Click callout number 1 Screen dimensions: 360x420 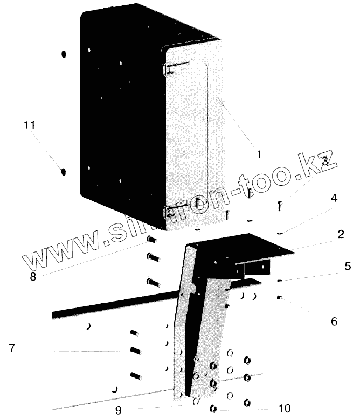click(259, 153)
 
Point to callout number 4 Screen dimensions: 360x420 click(334, 198)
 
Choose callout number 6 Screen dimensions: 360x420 click(334, 321)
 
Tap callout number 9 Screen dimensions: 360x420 click(118, 410)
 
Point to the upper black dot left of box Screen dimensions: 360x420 click(63, 54)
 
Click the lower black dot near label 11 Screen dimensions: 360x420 click(63, 172)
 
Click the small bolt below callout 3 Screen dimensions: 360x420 click(280, 206)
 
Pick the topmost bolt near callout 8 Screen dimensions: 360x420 click(151, 240)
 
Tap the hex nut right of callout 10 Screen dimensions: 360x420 click(247, 402)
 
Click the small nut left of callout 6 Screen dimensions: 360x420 click(279, 297)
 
